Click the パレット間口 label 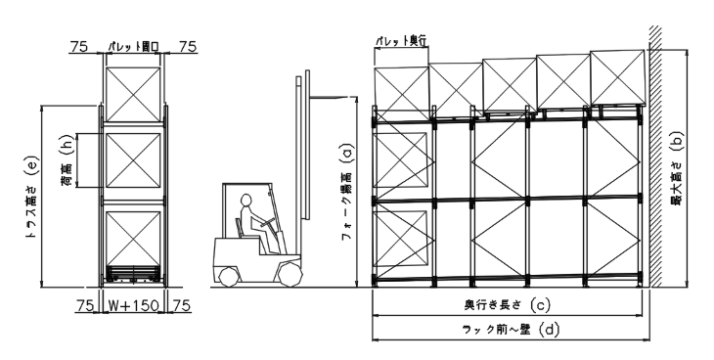pyautogui.click(x=134, y=45)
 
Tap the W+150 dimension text pyautogui.click(x=134, y=305)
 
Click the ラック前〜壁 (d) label pyautogui.click(x=509, y=330)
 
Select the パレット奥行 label pyautogui.click(x=402, y=41)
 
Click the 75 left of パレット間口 pyautogui.click(x=81, y=45)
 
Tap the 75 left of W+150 pyautogui.click(x=84, y=305)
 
